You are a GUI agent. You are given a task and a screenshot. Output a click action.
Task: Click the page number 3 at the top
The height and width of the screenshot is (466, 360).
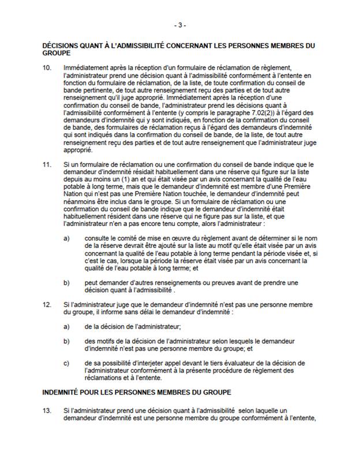tap(180, 25)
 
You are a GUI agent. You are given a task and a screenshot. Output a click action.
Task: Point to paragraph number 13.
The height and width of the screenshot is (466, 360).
tap(47, 409)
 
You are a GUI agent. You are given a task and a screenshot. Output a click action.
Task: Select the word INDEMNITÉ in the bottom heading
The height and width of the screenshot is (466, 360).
tap(63, 392)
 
